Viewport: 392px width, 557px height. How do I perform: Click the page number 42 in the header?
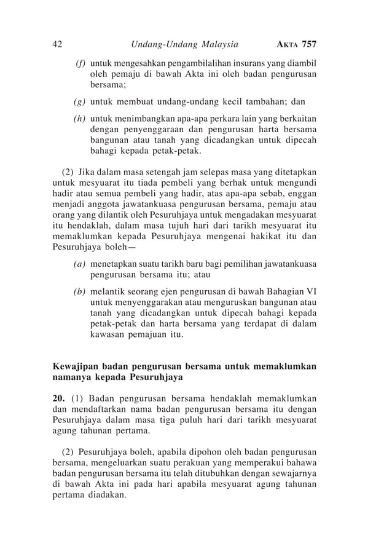[x=58, y=44]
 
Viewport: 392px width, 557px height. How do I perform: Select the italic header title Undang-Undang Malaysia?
[x=185, y=44]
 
